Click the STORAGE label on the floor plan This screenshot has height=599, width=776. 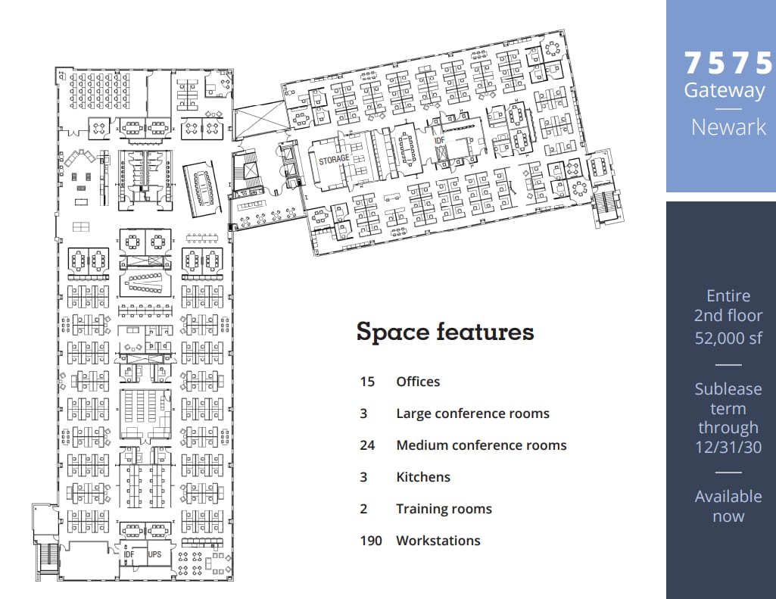click(334, 159)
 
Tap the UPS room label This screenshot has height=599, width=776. click(154, 554)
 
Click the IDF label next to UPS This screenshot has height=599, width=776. click(129, 554)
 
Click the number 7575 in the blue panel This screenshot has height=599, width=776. click(729, 63)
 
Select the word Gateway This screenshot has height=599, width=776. click(725, 90)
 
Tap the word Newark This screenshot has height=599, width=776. click(728, 126)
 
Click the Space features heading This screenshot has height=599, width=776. click(445, 332)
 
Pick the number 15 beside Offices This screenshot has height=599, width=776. click(367, 382)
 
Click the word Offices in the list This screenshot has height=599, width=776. click(418, 382)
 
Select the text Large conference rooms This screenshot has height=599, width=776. click(472, 413)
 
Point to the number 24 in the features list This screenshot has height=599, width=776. click(367, 445)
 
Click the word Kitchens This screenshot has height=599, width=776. click(423, 477)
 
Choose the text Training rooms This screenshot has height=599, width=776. click(444, 509)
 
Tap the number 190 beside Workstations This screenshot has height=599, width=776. click(370, 541)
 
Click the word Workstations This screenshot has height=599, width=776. click(438, 541)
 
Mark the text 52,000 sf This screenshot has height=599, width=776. click(728, 338)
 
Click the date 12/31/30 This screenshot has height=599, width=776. click(728, 448)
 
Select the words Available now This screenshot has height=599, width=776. click(728, 507)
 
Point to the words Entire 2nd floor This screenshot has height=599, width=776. click(728, 305)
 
